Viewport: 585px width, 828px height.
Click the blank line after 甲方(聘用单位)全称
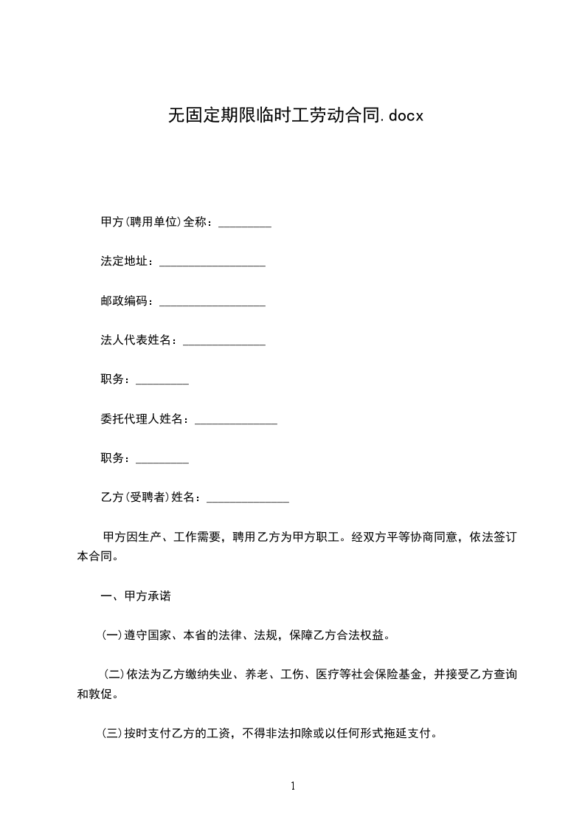pyautogui.click(x=245, y=223)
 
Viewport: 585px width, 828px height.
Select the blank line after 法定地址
pyautogui.click(x=212, y=262)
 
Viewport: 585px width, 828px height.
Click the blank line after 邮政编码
pyautogui.click(x=212, y=302)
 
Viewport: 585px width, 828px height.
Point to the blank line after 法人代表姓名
pyautogui.click(x=224, y=341)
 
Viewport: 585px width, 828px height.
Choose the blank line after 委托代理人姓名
pyautogui.click(x=235, y=420)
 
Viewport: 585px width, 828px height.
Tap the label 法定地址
pyautogui.click(x=123, y=262)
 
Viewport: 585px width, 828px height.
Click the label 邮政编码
pyautogui.click(x=123, y=302)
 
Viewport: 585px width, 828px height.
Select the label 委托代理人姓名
pyautogui.click(x=141, y=420)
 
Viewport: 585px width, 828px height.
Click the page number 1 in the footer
pyautogui.click(x=293, y=787)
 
